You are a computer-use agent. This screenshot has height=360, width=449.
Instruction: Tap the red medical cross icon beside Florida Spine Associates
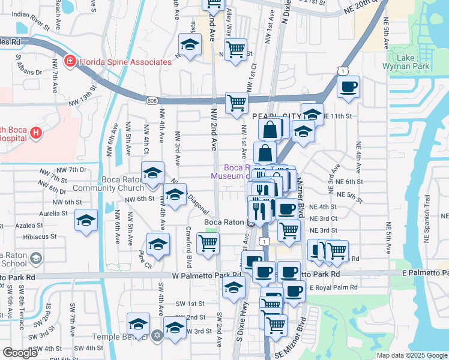[70, 61]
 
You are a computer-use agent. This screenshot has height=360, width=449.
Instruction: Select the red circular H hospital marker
[36, 133]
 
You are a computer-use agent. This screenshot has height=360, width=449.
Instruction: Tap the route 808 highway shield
[152, 101]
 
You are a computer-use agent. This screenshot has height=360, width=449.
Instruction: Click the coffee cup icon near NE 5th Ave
[348, 88]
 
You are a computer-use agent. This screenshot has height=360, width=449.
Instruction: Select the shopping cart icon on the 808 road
[237, 103]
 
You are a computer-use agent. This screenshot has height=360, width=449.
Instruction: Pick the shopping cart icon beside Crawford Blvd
[208, 244]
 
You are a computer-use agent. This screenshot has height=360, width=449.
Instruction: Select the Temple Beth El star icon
[157, 335]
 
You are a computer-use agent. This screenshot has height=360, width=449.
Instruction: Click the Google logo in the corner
[20, 353]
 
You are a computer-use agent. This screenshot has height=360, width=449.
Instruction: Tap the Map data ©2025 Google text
[411, 355]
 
